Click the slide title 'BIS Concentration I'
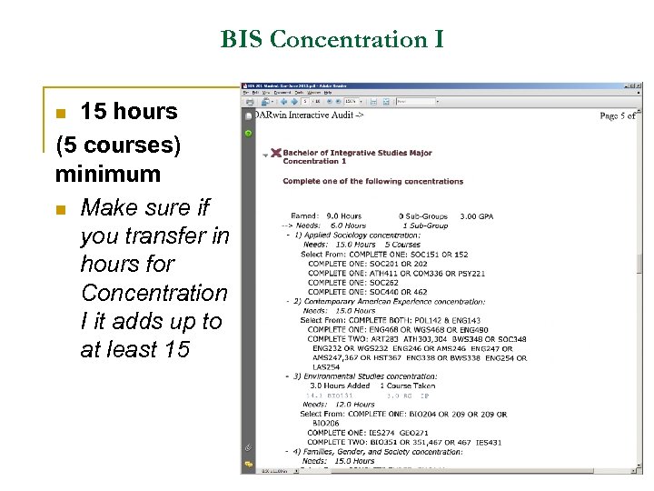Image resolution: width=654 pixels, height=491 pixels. [332, 40]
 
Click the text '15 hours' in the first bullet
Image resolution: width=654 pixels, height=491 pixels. [129, 112]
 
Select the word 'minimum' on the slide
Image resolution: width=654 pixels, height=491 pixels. [107, 174]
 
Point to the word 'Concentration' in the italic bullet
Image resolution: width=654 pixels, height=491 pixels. [154, 293]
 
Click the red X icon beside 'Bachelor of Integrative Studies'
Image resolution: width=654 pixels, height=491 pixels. [275, 153]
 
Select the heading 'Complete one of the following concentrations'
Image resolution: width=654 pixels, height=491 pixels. [372, 181]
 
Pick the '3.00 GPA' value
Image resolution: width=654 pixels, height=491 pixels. [476, 216]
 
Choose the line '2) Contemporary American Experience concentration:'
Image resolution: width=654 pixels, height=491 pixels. [381, 301]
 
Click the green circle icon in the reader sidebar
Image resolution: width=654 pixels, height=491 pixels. [248, 133]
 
